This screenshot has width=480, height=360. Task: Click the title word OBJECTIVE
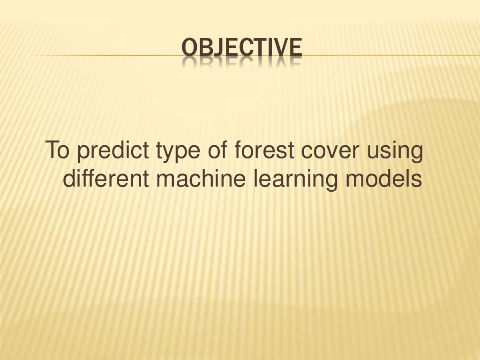tap(241, 48)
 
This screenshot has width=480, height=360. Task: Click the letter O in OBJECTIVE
tap(188, 48)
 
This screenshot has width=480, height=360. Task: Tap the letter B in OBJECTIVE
tap(204, 48)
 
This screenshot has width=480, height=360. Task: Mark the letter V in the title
tap(279, 48)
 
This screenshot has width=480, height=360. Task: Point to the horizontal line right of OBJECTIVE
tap(389, 55)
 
